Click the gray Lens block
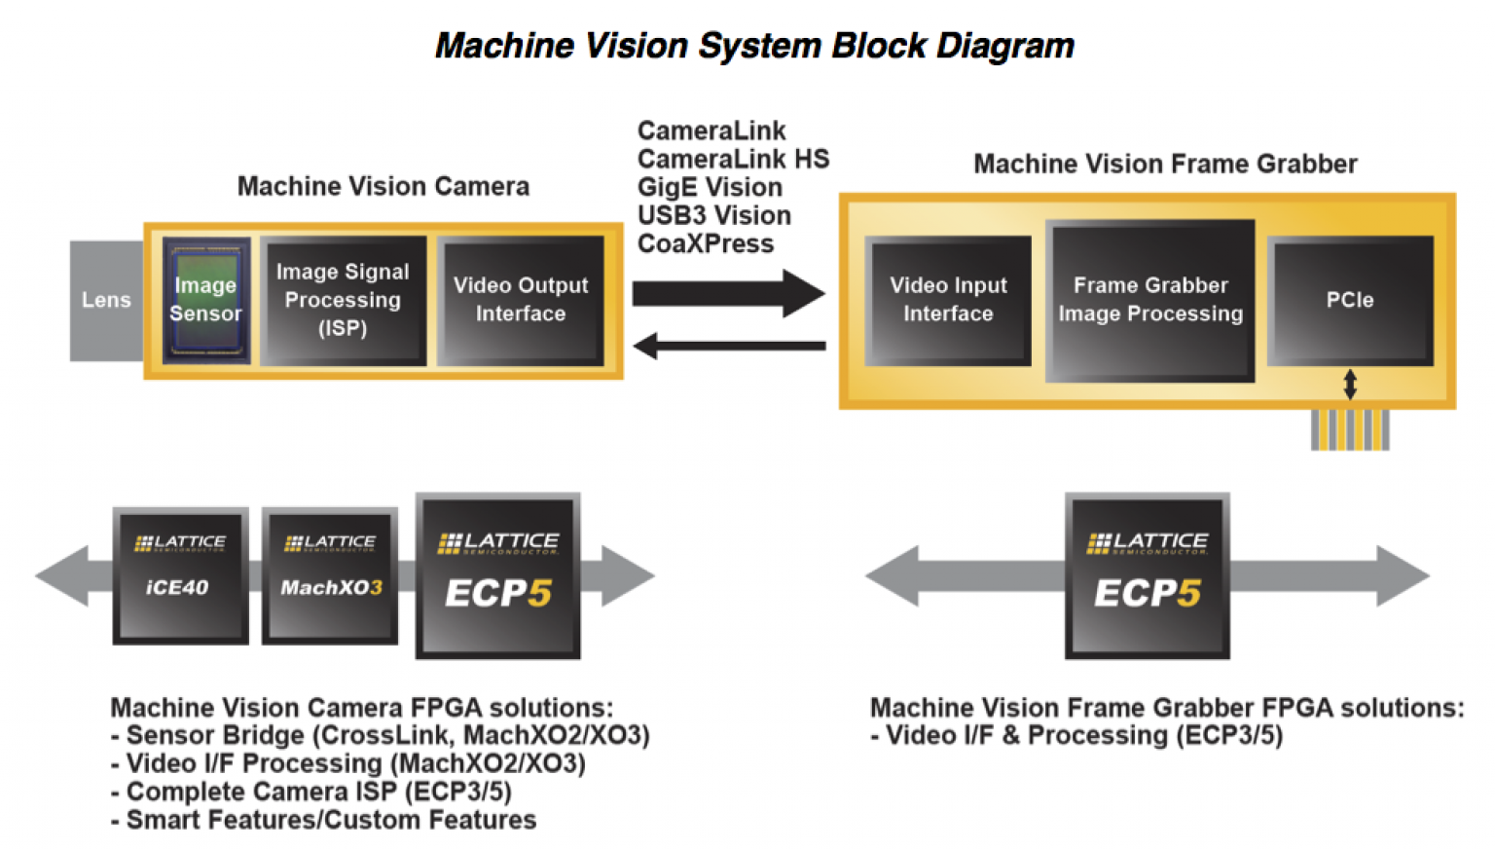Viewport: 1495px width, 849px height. [x=106, y=300]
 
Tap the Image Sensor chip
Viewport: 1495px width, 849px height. [x=206, y=300]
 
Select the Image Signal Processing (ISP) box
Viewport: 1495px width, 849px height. [x=343, y=300]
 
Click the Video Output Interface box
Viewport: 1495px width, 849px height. [x=521, y=300]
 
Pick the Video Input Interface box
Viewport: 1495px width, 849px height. [x=948, y=300]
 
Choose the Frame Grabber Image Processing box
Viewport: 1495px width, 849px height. [x=1150, y=300]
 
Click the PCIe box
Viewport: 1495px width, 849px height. [x=1350, y=300]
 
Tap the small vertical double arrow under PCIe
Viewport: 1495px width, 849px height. [x=1350, y=385]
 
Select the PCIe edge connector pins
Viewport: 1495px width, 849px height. [x=1350, y=429]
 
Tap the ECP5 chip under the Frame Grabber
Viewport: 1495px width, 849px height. [x=1147, y=576]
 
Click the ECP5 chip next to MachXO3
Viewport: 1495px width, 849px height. [x=498, y=576]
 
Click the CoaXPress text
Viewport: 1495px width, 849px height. [x=706, y=243]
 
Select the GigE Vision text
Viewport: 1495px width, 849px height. [x=710, y=187]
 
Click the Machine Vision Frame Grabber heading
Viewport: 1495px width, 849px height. [x=1165, y=164]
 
